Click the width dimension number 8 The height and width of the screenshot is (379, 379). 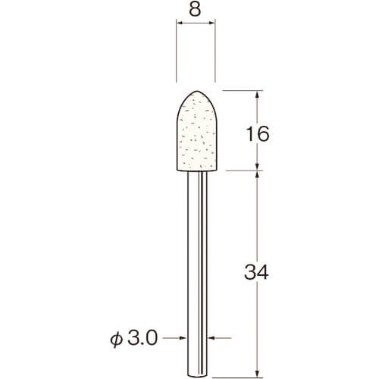[195, 9]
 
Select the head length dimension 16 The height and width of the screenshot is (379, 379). [258, 134]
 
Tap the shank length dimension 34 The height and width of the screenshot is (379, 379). [256, 272]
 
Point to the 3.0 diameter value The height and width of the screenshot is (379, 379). [143, 338]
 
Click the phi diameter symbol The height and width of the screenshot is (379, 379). [117, 339]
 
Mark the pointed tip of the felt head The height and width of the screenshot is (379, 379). [197, 91]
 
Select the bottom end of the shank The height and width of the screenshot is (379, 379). [197, 375]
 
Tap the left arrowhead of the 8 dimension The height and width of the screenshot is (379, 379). [180, 23]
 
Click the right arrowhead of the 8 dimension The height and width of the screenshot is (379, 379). [211, 23]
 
